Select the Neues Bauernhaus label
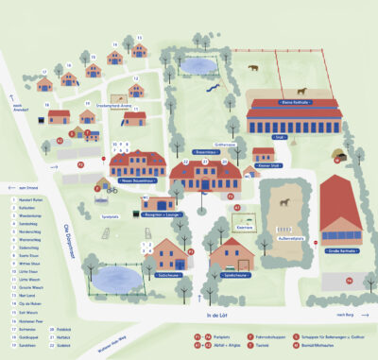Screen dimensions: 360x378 tap(136, 180)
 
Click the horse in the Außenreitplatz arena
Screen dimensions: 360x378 tap(297, 201)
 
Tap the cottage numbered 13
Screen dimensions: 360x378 tap(138, 50)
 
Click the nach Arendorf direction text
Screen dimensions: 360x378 tap(16, 109)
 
